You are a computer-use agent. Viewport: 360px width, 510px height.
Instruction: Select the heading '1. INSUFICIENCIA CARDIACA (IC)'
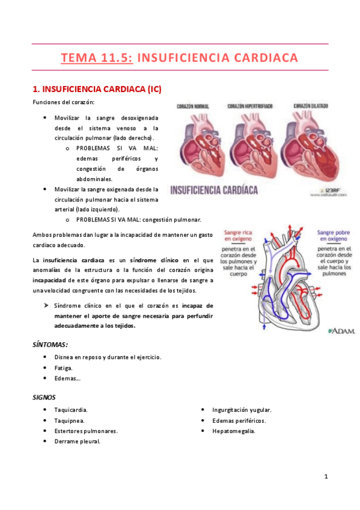click(x=96, y=89)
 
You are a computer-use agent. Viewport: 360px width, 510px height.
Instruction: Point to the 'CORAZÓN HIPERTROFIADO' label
click(x=249, y=106)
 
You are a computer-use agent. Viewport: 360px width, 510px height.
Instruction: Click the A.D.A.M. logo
click(x=341, y=330)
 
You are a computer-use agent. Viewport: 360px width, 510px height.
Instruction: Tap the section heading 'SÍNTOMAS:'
click(x=50, y=345)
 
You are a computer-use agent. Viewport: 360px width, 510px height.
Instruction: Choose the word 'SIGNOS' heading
click(x=44, y=397)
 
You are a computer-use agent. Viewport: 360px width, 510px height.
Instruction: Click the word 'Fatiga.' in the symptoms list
click(x=63, y=367)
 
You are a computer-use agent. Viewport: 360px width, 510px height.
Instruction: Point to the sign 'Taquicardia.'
click(x=70, y=410)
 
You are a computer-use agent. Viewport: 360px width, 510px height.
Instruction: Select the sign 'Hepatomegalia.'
click(x=233, y=431)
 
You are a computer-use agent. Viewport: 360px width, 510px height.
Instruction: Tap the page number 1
click(x=326, y=476)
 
